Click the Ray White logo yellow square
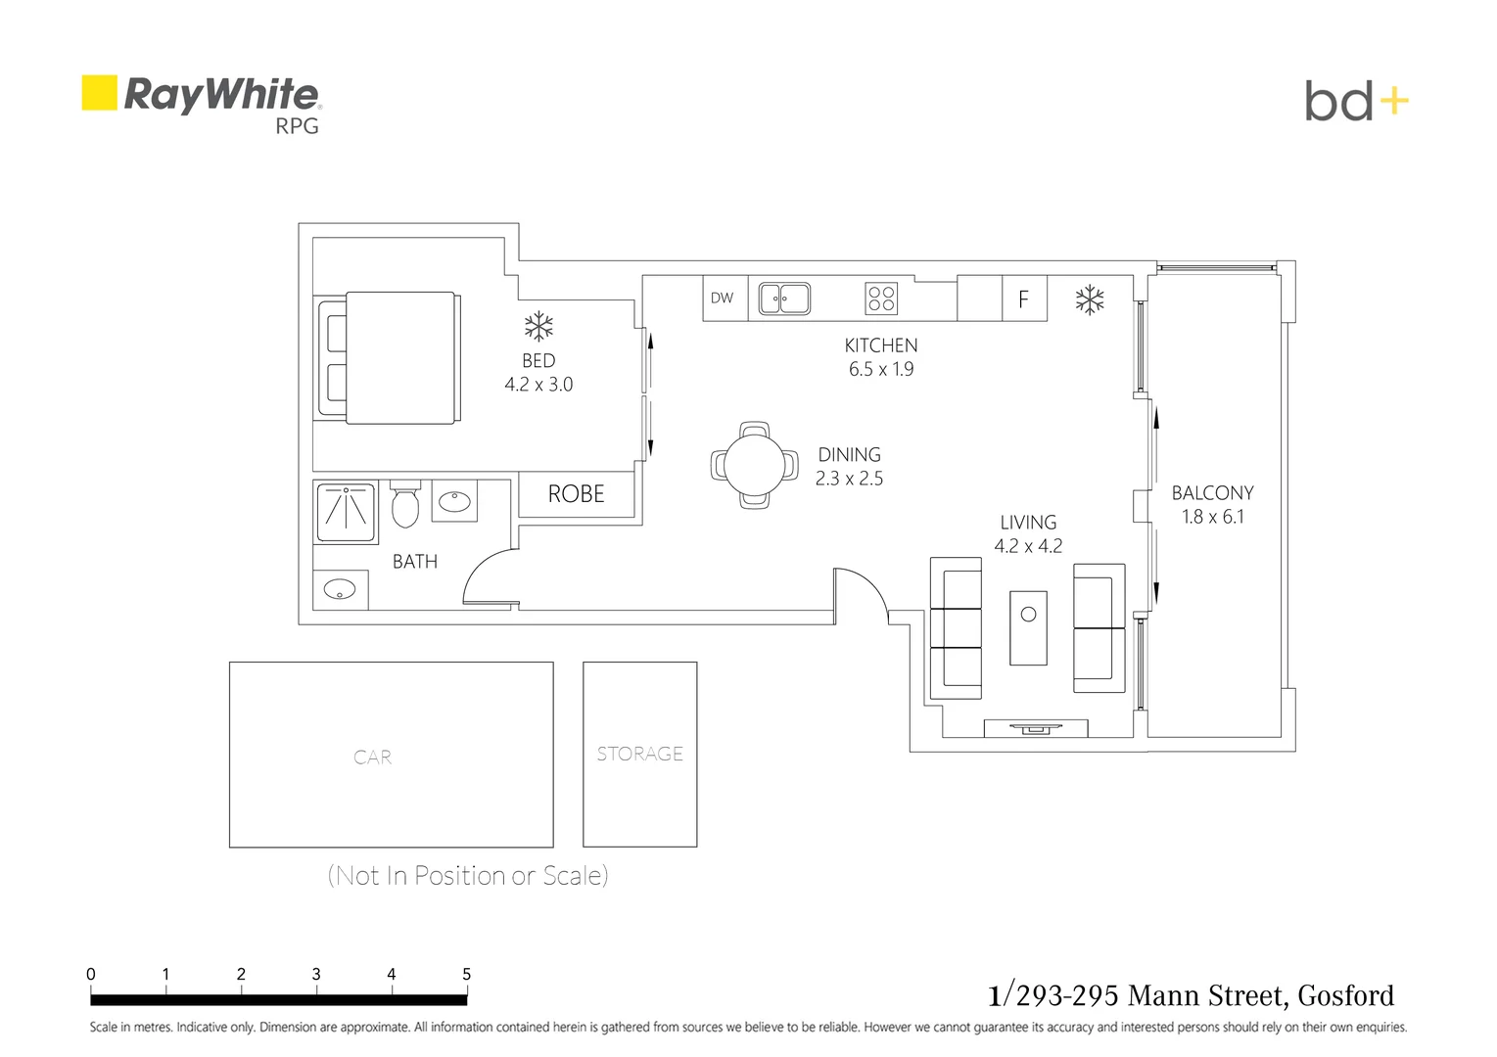pyautogui.click(x=99, y=93)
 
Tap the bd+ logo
pyautogui.click(x=1356, y=101)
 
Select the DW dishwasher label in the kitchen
pyautogui.click(x=723, y=299)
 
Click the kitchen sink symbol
pyautogui.click(x=784, y=299)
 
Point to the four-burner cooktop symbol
pyautogui.click(x=881, y=299)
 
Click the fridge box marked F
pyautogui.click(x=1024, y=299)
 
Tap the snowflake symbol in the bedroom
pyautogui.click(x=538, y=326)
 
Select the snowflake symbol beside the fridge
pyautogui.click(x=1090, y=300)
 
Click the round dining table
pyautogui.click(x=754, y=464)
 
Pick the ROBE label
pyautogui.click(x=577, y=494)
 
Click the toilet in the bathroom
pyautogui.click(x=405, y=505)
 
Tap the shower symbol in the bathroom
pyautogui.click(x=346, y=511)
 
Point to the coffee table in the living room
pyautogui.click(x=1028, y=627)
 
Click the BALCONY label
pyautogui.click(x=1212, y=493)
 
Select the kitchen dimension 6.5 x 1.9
pyautogui.click(x=881, y=369)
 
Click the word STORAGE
pyautogui.click(x=640, y=754)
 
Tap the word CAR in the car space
pyautogui.click(x=372, y=758)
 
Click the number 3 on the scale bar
pyautogui.click(x=316, y=974)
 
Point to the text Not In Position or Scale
pyautogui.click(x=468, y=875)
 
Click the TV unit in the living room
pyautogui.click(x=1036, y=728)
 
